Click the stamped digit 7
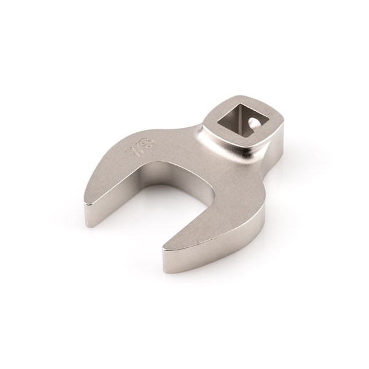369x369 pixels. pyautogui.click(x=131, y=151)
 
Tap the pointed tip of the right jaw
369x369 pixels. pyautogui.click(x=164, y=249)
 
